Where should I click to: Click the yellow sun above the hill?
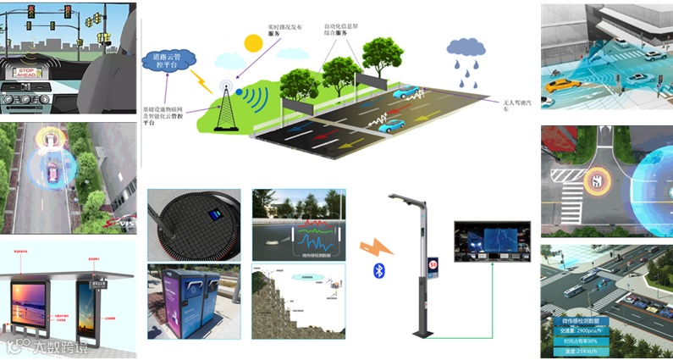pyautogui.click(x=253, y=42)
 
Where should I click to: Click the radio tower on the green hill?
pyautogui.click(x=226, y=106)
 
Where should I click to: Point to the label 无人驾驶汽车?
pyautogui.click(x=514, y=104)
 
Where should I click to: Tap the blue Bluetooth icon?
pyautogui.click(x=379, y=270)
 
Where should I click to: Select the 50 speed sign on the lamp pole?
pyautogui.click(x=432, y=263)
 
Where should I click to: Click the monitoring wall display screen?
pyautogui.click(x=492, y=241)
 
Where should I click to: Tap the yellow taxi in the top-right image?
pyautogui.click(x=558, y=85)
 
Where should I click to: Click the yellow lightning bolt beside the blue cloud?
pyautogui.click(x=201, y=81)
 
